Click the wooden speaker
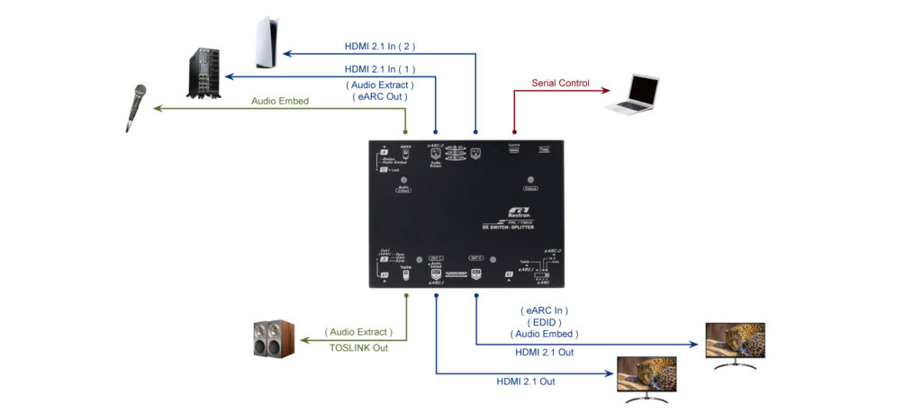coord(273,339)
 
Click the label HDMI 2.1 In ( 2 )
coord(379,45)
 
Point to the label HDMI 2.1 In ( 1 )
coord(379,68)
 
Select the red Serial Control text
coord(560,84)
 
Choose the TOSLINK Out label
coord(357,347)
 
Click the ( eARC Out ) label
coord(379,95)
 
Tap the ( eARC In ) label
coord(544,310)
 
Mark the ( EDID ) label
coord(544,322)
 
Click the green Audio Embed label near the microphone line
coord(279,102)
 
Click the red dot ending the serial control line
coord(514,131)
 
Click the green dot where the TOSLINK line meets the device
coord(406,294)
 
